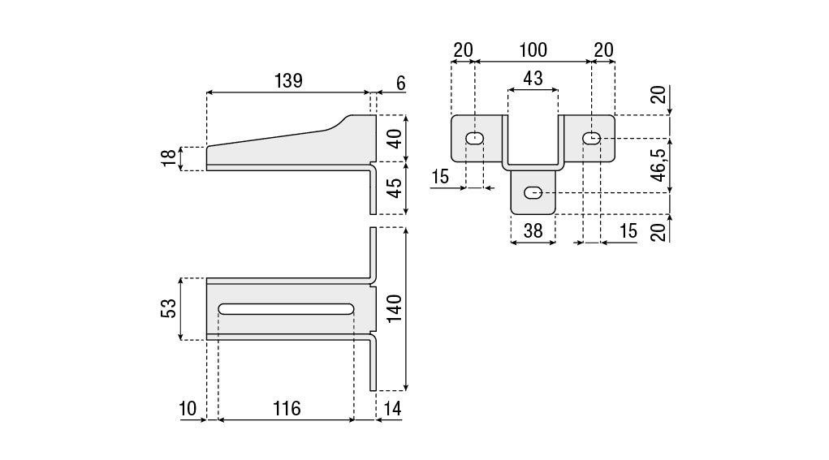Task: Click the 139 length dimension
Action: (288, 80)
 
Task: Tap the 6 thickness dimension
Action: (400, 83)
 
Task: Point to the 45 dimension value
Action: (394, 188)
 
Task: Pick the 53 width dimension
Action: (169, 308)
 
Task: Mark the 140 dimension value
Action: (394, 308)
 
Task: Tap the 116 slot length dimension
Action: (286, 408)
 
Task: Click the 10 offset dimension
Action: (188, 408)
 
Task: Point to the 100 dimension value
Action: (533, 50)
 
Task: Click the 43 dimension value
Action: (533, 79)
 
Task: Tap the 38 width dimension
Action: (533, 230)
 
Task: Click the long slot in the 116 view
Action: (286, 308)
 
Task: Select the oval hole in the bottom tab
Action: (533, 192)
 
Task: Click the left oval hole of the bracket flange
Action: (475, 139)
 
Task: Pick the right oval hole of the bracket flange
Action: (592, 139)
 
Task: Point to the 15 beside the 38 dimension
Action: (628, 230)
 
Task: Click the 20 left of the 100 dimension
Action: (462, 50)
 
